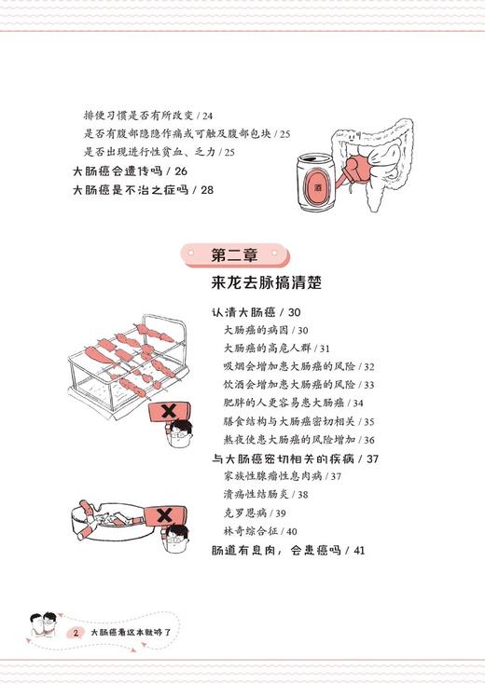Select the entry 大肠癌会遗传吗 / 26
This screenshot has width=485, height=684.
[x=130, y=171]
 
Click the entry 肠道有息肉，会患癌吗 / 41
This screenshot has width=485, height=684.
[x=287, y=551]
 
